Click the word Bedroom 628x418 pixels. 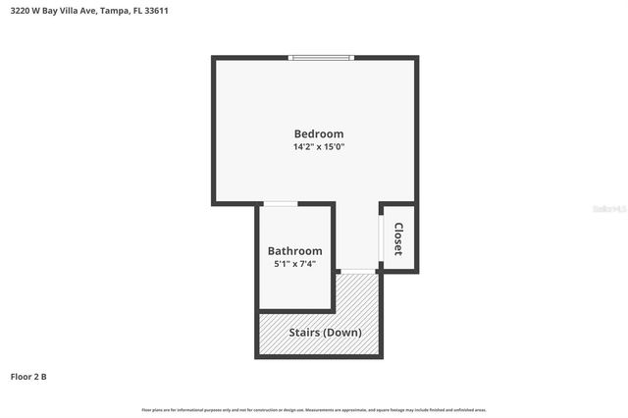coord(319,133)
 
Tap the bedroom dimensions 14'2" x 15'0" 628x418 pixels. coord(319,147)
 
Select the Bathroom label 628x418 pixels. coord(295,251)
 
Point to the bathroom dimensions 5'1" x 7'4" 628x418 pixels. coord(295,264)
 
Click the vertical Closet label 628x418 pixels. coord(398,238)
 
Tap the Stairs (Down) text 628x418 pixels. coord(325,332)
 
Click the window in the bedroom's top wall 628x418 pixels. coord(320,58)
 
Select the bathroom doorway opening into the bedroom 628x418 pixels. coord(283,204)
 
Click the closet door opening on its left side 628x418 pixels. coord(382,236)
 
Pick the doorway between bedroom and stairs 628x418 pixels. coord(359,270)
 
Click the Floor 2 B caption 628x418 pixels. coord(28,376)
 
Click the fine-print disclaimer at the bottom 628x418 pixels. coord(314,409)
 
